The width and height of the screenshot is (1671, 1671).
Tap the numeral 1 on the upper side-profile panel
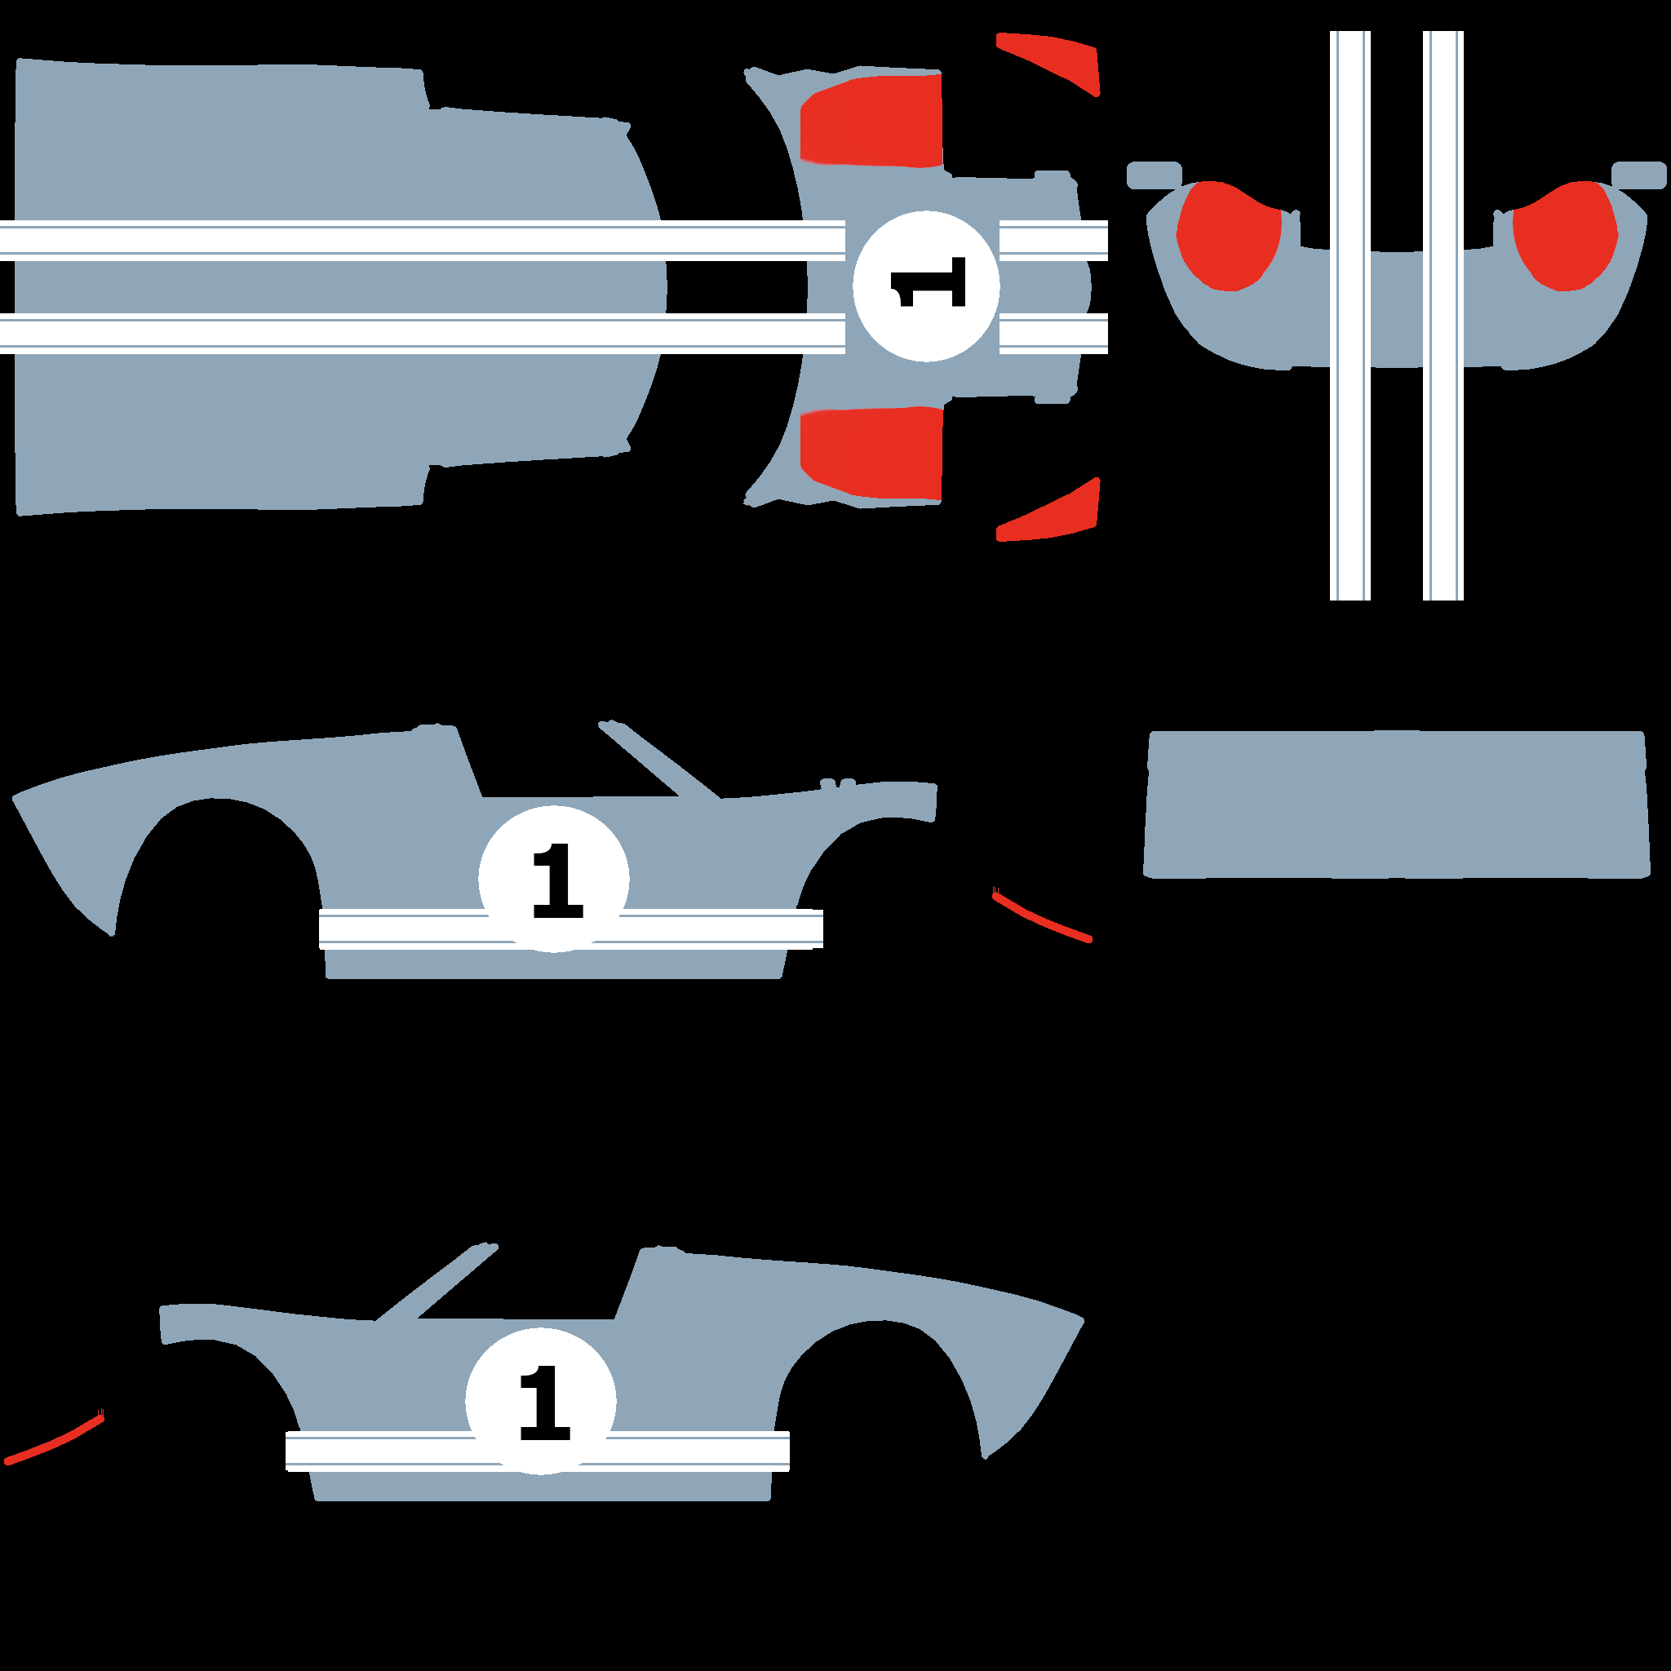click(x=558, y=880)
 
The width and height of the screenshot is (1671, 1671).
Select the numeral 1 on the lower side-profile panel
click(x=545, y=1403)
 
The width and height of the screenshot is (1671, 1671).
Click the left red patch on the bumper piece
click(x=1228, y=235)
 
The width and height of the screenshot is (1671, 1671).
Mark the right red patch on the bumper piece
click(x=1566, y=235)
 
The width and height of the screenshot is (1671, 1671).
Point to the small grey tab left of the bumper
click(x=1154, y=175)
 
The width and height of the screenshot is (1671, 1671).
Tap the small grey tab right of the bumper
click(x=1639, y=175)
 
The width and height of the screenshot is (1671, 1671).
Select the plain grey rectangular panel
click(x=1397, y=804)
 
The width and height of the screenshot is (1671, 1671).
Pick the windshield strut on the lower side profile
click(x=437, y=1282)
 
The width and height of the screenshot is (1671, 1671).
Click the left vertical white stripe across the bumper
click(x=1350, y=316)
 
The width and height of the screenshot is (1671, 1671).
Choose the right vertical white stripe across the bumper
click(x=1443, y=316)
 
